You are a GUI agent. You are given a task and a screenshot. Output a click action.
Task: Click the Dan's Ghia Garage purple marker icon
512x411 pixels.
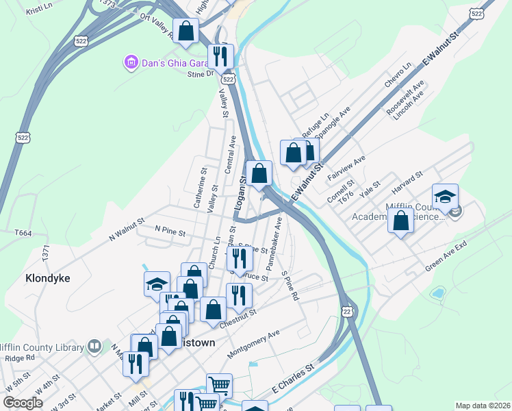pyautogui.click(x=131, y=64)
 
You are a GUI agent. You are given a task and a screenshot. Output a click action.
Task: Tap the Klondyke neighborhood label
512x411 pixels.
pyautogui.click(x=47, y=278)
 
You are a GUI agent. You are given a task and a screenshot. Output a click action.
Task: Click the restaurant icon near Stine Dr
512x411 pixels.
pyautogui.click(x=220, y=55)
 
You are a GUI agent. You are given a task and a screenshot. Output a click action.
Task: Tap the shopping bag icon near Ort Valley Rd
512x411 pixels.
pyautogui.click(x=185, y=30)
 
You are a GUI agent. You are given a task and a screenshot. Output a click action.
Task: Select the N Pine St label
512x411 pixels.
pyautogui.click(x=170, y=232)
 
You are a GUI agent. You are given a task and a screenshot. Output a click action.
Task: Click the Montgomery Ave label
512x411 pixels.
pyautogui.click(x=253, y=343)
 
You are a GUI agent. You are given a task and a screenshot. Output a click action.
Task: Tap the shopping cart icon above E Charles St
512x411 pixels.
pyautogui.click(x=219, y=384)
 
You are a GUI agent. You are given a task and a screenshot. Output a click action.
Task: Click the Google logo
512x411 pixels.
pyautogui.click(x=22, y=402)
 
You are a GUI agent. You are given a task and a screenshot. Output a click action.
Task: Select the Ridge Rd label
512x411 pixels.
pyautogui.click(x=20, y=358)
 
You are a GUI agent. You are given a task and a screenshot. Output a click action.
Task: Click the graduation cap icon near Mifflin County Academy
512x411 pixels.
pyautogui.click(x=445, y=197)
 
